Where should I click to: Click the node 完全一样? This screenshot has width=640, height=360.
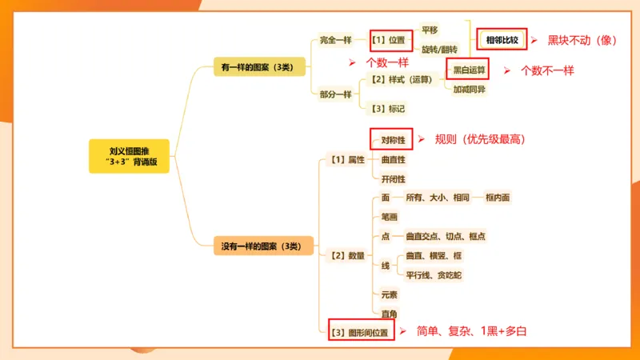coord(336,40)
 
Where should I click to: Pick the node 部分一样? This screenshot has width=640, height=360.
coord(336,94)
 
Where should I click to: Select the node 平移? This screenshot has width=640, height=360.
coord(430,30)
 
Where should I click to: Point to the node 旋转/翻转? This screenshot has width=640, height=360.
coord(439,50)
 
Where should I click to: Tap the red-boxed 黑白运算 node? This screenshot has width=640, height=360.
coord(470,70)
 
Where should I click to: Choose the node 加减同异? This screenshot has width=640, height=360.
coord(470,90)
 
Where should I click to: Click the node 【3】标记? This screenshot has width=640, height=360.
coord(387,108)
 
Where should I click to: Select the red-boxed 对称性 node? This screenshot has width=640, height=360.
coord(392,140)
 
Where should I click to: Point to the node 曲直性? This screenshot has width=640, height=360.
coord(393,160)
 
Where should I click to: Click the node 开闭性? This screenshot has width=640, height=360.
coord(393,179)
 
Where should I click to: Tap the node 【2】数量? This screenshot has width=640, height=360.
coord(348,256)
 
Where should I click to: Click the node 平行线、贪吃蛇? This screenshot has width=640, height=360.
coord(434,275)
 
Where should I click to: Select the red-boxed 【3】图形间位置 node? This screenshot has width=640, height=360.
coord(362,332)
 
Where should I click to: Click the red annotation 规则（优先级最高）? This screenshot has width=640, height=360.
coord(480,139)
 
